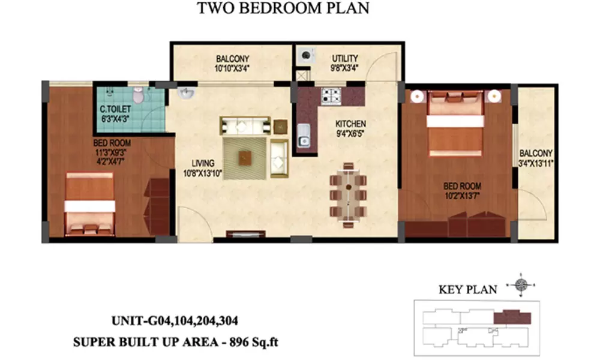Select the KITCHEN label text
pos(350,124)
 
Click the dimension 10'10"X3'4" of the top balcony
pos(232,67)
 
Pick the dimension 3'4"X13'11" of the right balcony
pos(536,163)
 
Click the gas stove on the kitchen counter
pos(331,95)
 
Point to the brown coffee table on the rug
pos(245,158)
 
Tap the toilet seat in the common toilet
pos(139,94)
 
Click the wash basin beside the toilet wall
pos(186,95)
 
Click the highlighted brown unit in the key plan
pos(512,317)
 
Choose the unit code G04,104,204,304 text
pos(193,321)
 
